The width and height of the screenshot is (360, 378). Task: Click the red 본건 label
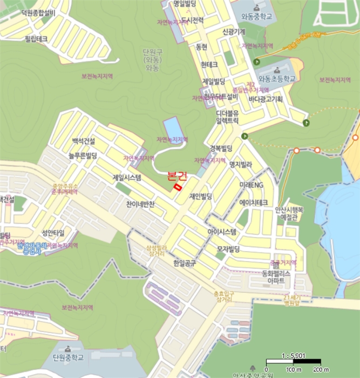click(x=177, y=175)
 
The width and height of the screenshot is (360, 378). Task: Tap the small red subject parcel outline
click(x=177, y=186)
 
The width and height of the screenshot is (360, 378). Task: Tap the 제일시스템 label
click(x=127, y=177)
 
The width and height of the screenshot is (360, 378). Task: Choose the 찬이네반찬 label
click(x=140, y=205)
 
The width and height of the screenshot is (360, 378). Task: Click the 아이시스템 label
click(x=222, y=232)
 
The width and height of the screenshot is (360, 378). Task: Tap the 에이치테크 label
click(x=254, y=202)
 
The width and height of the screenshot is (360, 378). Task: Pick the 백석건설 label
click(x=83, y=141)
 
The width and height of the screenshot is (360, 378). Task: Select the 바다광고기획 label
click(x=266, y=99)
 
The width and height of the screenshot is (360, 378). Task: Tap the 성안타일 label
click(x=53, y=233)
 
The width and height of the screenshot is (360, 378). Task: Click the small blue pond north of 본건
click(x=172, y=127)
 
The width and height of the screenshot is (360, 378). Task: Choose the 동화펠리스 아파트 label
click(x=276, y=277)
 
